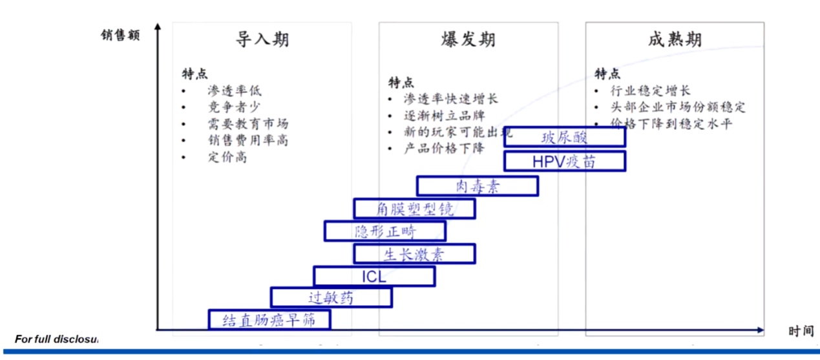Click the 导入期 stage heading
(x=262, y=40)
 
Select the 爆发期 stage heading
(x=468, y=40)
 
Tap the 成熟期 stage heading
(x=675, y=40)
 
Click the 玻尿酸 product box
(x=564, y=137)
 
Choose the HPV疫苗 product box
(x=564, y=161)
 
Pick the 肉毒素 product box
(x=477, y=186)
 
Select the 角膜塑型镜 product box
(x=414, y=209)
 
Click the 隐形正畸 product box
(x=385, y=231)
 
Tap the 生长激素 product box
(x=414, y=253)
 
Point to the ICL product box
(x=374, y=276)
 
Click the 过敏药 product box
(x=331, y=298)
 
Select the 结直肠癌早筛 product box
(x=269, y=320)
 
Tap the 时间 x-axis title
(x=801, y=331)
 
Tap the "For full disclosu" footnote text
(x=56, y=339)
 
